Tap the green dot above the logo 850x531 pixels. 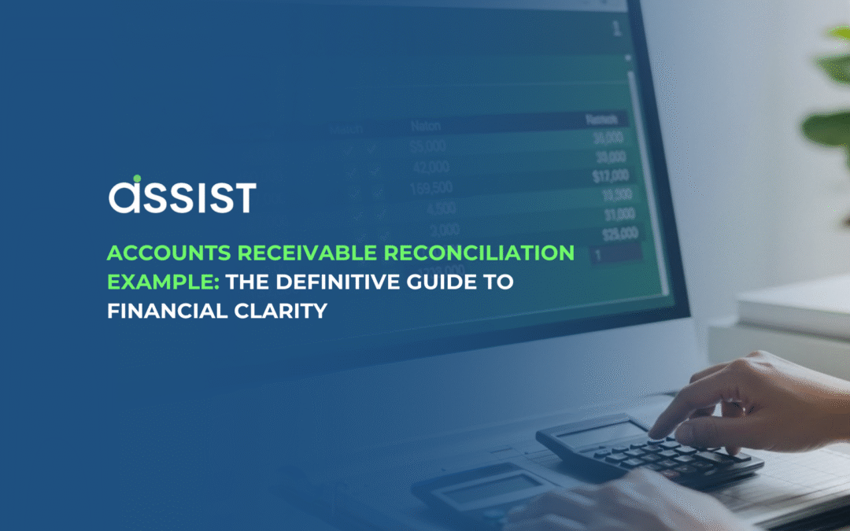136,179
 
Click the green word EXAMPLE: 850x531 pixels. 160,282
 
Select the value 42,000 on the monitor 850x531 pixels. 429,167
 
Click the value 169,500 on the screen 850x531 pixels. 431,188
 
